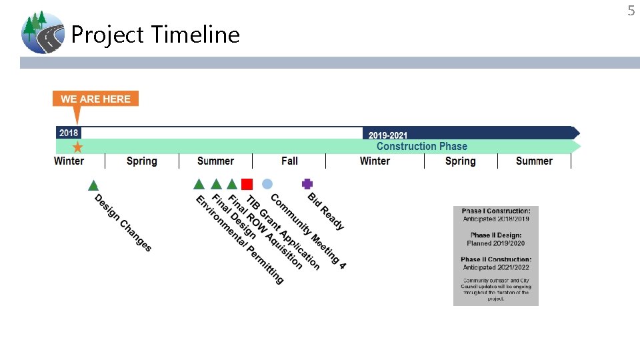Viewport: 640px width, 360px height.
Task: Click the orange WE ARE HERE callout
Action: pos(96,99)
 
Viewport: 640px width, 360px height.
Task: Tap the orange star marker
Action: pos(77,147)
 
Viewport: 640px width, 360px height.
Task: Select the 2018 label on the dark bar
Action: pos(69,133)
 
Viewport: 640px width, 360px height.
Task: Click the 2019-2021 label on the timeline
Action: pos(388,135)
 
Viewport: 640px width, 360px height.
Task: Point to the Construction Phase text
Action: pos(421,147)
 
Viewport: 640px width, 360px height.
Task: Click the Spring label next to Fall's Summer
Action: pos(141,161)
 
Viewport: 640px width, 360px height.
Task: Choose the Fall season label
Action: pos(289,161)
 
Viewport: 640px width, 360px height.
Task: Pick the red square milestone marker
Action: pos(247,184)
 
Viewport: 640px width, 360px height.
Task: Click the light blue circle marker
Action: pos(267,183)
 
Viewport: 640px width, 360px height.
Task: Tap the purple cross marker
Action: pos(307,183)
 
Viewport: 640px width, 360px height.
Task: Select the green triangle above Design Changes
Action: pos(93,185)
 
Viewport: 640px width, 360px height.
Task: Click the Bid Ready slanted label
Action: pos(326,211)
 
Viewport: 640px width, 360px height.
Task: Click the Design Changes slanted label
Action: pos(123,223)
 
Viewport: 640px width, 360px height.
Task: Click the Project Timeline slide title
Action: pos(155,34)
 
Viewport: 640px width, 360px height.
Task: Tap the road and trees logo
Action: pos(42,32)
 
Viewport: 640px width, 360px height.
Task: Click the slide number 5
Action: pos(631,10)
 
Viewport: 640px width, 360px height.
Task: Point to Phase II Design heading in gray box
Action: pos(496,235)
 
